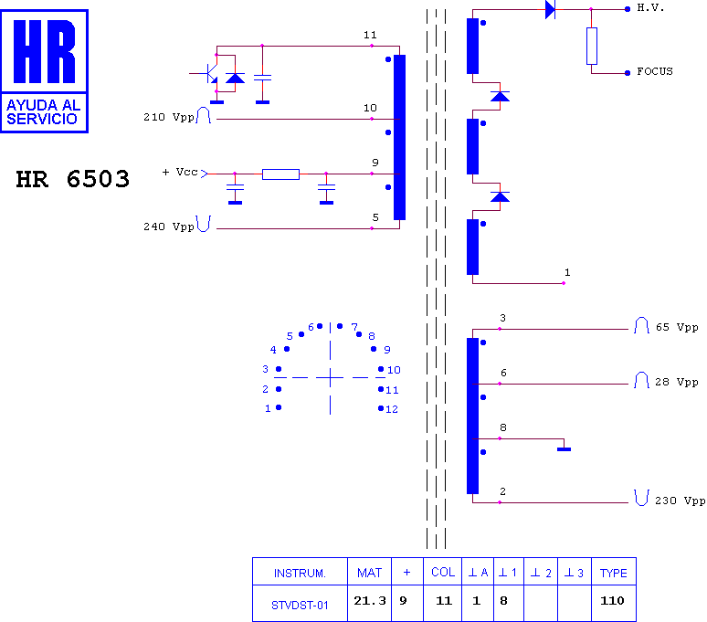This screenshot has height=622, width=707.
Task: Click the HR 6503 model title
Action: coord(72,179)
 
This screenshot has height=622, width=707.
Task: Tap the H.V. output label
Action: coord(650,7)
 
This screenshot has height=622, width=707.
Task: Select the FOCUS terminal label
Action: coord(655,71)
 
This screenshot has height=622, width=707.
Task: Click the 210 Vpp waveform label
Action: coord(169,117)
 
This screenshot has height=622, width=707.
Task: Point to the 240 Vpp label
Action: coord(169,227)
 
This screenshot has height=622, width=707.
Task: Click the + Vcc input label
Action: coord(180,172)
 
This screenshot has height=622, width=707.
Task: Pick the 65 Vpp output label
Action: coord(677,327)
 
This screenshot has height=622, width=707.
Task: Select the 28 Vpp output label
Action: coord(677,382)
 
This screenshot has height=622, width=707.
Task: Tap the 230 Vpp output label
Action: coord(680,501)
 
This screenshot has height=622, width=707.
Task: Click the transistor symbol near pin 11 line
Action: coord(210,73)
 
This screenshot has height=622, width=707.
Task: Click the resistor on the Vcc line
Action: coord(281,174)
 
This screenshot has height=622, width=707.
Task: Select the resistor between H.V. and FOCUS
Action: coord(592,46)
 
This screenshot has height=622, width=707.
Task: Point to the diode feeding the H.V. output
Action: coord(550,9)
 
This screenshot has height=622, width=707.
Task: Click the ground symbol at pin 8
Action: coord(565,449)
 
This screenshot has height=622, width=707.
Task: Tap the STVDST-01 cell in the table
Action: coord(300,606)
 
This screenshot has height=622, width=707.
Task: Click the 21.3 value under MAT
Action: coord(370,601)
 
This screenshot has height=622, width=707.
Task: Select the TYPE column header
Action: coord(613,574)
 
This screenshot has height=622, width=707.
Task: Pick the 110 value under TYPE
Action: coord(612,601)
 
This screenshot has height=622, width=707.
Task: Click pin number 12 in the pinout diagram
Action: coord(392,409)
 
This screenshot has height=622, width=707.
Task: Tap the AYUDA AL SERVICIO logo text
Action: coord(43,112)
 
